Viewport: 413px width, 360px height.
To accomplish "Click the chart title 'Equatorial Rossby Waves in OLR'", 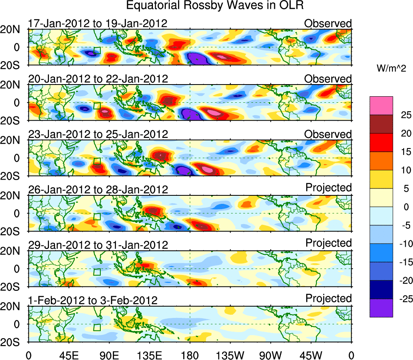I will point(215,6).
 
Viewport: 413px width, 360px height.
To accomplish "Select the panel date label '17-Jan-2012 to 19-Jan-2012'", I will point(97,23).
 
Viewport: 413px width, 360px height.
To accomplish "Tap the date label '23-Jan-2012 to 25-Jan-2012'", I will point(97,134).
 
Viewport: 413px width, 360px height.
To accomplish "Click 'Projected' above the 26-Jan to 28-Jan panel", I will point(328,188).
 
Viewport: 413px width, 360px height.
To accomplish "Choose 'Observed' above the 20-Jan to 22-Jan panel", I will point(328,79).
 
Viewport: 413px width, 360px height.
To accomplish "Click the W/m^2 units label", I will point(391,69).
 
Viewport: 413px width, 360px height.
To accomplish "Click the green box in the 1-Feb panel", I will point(97,327).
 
